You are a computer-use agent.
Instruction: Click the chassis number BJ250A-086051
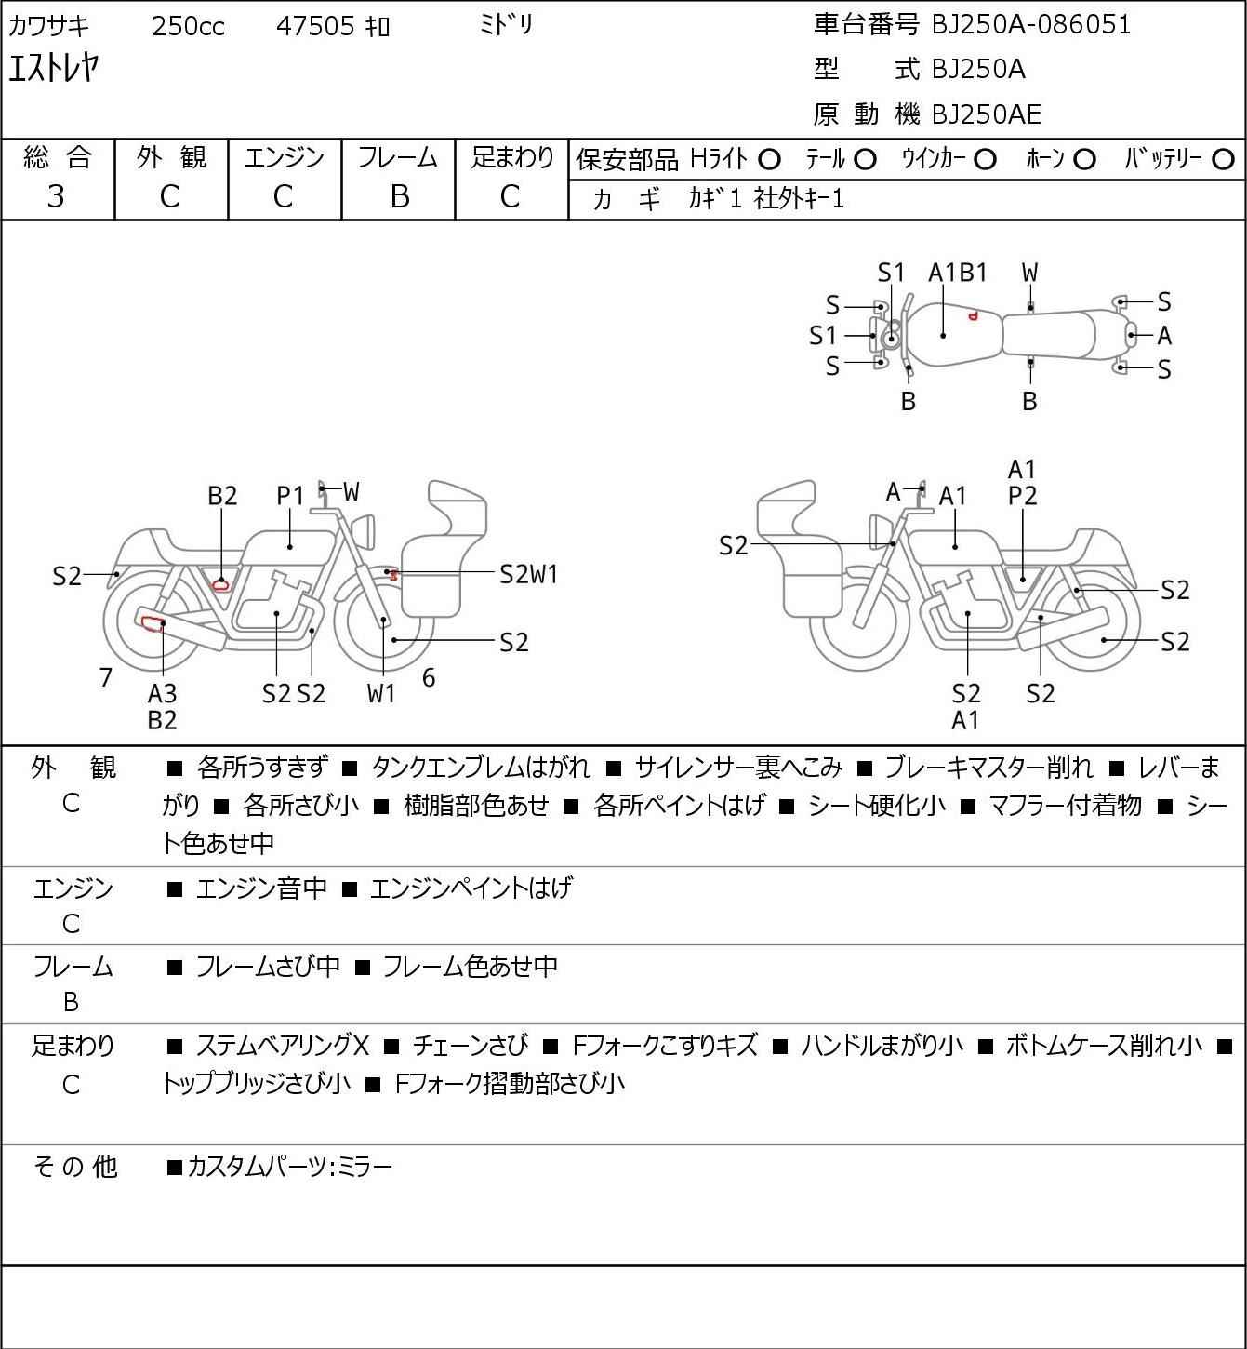[x=1031, y=25]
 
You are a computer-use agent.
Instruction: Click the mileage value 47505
[x=315, y=26]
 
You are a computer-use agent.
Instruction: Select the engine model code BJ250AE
[x=987, y=114]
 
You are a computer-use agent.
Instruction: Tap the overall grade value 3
[x=56, y=196]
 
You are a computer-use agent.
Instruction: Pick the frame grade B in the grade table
[x=399, y=196]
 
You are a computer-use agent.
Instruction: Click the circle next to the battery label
[x=1223, y=160]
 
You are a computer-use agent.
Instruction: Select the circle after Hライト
[x=769, y=160]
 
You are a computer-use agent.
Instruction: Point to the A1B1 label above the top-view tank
[x=957, y=273]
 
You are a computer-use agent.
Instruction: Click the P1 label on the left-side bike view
[x=290, y=496]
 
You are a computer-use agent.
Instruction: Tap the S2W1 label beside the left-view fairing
[x=528, y=575]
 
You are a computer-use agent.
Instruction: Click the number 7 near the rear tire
[x=105, y=677]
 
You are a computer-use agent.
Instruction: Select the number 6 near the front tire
[x=429, y=677]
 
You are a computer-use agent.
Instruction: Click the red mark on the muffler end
[x=153, y=623]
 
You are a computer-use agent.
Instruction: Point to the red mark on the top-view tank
[x=973, y=316]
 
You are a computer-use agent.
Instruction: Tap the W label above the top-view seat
[x=1029, y=273]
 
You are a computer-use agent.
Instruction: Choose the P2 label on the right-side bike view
[x=1022, y=496]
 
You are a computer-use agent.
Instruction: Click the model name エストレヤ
[x=54, y=68]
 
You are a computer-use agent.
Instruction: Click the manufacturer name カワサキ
[x=48, y=26]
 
